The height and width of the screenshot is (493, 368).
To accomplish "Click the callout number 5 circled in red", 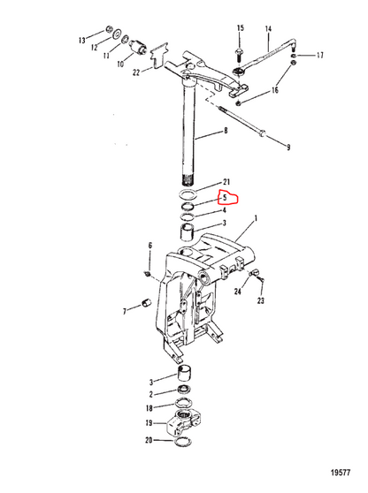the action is pyautogui.click(x=225, y=198).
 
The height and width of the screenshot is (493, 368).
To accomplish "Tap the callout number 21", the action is pyautogui.click(x=226, y=182).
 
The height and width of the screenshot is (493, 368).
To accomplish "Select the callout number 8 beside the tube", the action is pyautogui.click(x=226, y=131).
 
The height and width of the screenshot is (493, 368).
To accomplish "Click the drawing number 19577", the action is pyautogui.click(x=341, y=473).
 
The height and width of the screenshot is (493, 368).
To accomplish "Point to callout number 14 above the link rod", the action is pyautogui.click(x=268, y=29).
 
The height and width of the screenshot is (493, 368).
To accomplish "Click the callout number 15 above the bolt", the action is pyautogui.click(x=241, y=27).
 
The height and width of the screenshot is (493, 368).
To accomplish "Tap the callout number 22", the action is pyautogui.click(x=136, y=72).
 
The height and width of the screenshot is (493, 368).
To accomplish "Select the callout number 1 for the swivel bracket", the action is pyautogui.click(x=256, y=218).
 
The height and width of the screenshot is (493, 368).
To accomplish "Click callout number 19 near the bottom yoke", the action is pyautogui.click(x=149, y=423).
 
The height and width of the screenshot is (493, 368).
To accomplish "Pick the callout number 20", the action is pyautogui.click(x=149, y=440).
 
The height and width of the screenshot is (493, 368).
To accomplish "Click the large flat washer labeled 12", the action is pyautogui.click(x=118, y=34).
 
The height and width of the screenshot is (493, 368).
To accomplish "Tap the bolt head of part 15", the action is pyautogui.click(x=239, y=50).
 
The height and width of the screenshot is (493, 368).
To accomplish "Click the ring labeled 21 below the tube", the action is pyautogui.click(x=188, y=194).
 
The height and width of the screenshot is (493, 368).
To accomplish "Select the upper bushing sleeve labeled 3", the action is pyautogui.click(x=188, y=232).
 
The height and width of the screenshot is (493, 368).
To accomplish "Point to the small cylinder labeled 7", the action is pyautogui.click(x=146, y=303).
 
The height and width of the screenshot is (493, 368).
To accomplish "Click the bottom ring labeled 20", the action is pyautogui.click(x=183, y=442).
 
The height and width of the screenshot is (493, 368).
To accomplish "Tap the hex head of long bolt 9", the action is pyautogui.click(x=262, y=133).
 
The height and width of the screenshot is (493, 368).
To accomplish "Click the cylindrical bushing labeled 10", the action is pyautogui.click(x=138, y=47).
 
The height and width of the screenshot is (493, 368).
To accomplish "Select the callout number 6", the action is pyautogui.click(x=150, y=246).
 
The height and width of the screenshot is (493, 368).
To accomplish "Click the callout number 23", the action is pyautogui.click(x=261, y=301).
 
